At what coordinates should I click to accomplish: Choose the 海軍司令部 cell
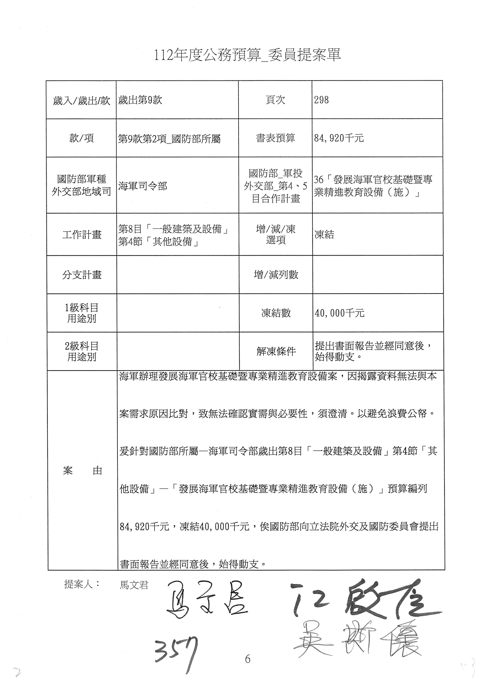point(143,186)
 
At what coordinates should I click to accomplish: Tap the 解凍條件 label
point(276,351)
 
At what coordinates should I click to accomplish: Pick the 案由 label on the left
point(82,471)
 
